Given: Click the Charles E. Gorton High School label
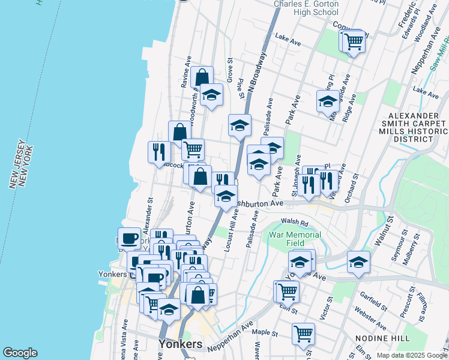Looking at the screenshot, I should pyautogui.click(x=306, y=8).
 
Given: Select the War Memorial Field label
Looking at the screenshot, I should pyautogui.click(x=295, y=239).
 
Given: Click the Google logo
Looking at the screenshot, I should pyautogui.click(x=20, y=353).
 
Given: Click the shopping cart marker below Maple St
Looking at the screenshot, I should pyautogui.click(x=303, y=334).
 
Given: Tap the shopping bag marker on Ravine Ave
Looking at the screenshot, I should pyautogui.click(x=202, y=77).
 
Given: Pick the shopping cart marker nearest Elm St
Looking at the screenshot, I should pyautogui.click(x=288, y=291).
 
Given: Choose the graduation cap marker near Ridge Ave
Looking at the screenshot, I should pyautogui.click(x=328, y=101).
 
